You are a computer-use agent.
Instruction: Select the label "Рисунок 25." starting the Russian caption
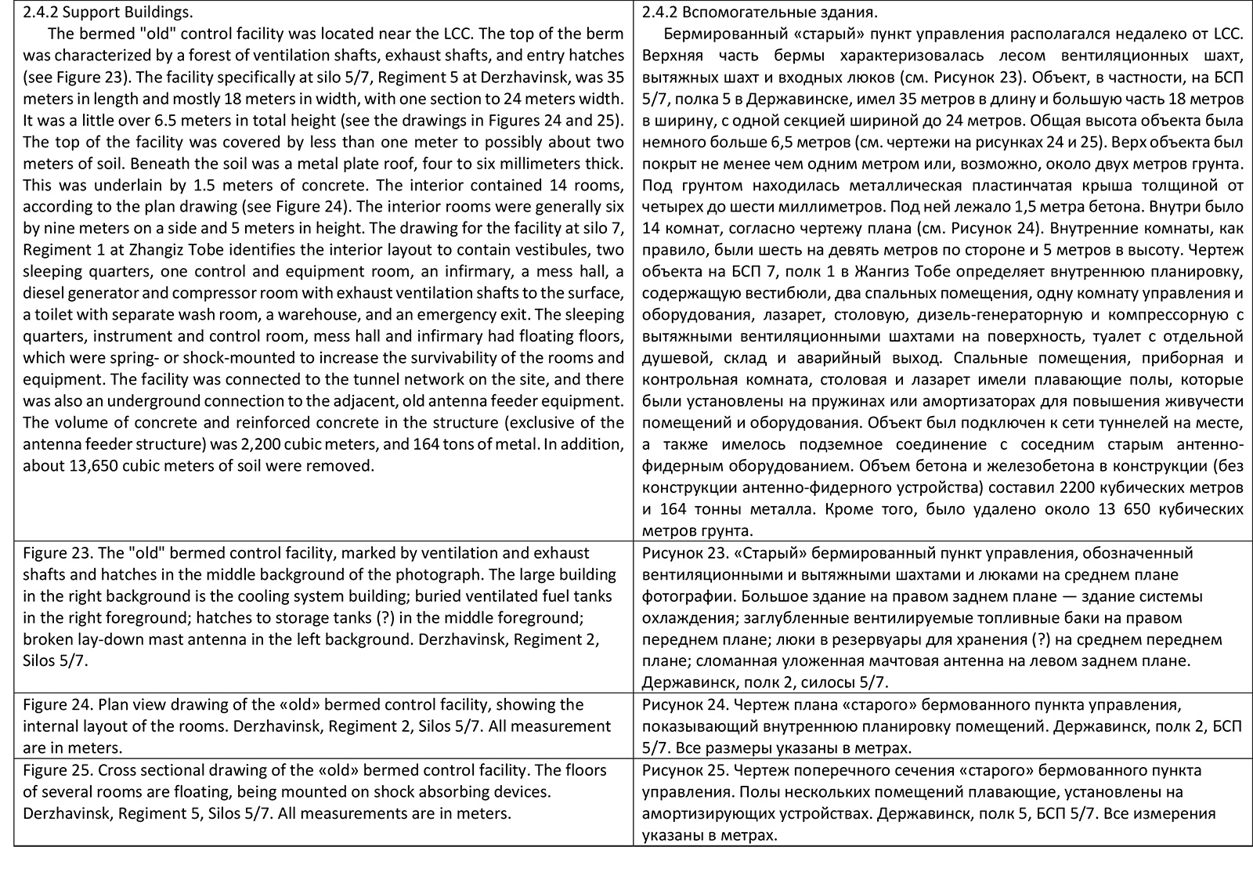680,770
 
